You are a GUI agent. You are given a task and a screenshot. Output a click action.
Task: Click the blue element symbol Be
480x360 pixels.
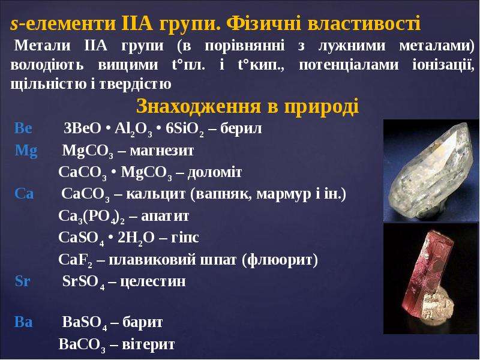tap(23, 128)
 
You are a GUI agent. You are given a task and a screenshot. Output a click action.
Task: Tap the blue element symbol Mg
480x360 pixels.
tap(26, 151)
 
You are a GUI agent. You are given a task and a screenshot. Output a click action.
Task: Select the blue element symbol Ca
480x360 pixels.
tap(24, 193)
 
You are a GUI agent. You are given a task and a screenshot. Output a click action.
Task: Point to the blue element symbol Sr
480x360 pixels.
tap(23, 281)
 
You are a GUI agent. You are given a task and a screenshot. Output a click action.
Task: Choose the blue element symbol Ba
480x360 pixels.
tap(23, 322)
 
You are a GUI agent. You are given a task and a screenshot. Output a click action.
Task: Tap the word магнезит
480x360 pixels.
tap(162, 151)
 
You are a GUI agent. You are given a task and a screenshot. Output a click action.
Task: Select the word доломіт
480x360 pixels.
tap(215, 172)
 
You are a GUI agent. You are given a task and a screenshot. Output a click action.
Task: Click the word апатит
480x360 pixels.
tap(165, 216)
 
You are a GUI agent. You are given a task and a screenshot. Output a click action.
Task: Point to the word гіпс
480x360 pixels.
tap(185, 238)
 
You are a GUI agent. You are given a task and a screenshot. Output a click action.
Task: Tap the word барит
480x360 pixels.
tap(142, 322)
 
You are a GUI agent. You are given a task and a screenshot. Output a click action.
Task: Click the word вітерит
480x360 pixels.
tap(148, 344)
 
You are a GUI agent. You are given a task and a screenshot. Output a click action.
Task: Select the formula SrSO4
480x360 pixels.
tap(83, 282)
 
